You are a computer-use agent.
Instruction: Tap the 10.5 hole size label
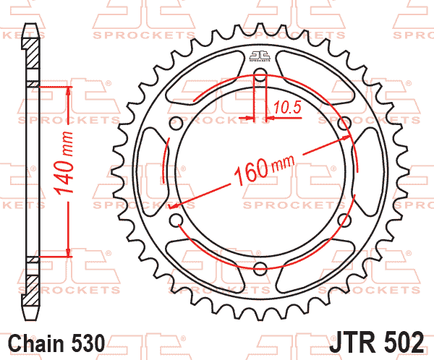click(287, 108)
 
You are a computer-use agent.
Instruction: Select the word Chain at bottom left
click(36, 343)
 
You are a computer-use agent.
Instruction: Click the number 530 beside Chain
click(88, 343)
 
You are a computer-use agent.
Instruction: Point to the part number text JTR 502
click(376, 342)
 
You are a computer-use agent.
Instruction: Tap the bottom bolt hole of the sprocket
click(260, 268)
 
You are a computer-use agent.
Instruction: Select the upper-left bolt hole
click(176, 123)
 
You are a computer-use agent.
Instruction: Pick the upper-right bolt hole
click(345, 123)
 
